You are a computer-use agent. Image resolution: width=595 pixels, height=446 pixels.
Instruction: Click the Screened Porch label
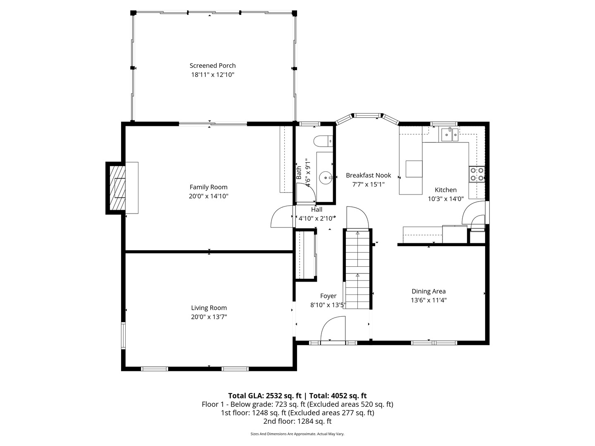212,65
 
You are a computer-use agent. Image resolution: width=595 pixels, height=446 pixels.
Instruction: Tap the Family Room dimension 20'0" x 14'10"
209,197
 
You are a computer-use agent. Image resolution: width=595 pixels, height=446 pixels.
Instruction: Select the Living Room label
209,308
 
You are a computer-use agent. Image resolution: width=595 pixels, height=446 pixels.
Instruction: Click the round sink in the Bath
326,178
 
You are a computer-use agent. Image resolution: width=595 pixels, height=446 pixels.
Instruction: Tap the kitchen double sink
450,134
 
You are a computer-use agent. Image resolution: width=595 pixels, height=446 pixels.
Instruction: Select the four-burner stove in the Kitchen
476,174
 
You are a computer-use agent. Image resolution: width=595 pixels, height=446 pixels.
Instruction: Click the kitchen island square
414,168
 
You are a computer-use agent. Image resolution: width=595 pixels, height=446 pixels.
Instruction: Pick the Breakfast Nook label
368,175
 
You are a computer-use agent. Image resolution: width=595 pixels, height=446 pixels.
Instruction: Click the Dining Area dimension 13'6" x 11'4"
428,301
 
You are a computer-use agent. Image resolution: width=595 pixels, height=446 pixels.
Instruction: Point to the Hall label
317,209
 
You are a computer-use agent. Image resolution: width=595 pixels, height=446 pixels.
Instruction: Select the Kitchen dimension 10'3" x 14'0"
445,199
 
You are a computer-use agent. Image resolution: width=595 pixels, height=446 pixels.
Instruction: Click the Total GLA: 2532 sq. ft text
265,396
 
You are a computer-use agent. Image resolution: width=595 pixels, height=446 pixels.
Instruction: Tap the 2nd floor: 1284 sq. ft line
297,421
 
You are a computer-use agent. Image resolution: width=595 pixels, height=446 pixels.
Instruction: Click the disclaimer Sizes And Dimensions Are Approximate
297,434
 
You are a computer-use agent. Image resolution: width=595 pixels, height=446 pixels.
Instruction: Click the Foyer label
328,296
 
